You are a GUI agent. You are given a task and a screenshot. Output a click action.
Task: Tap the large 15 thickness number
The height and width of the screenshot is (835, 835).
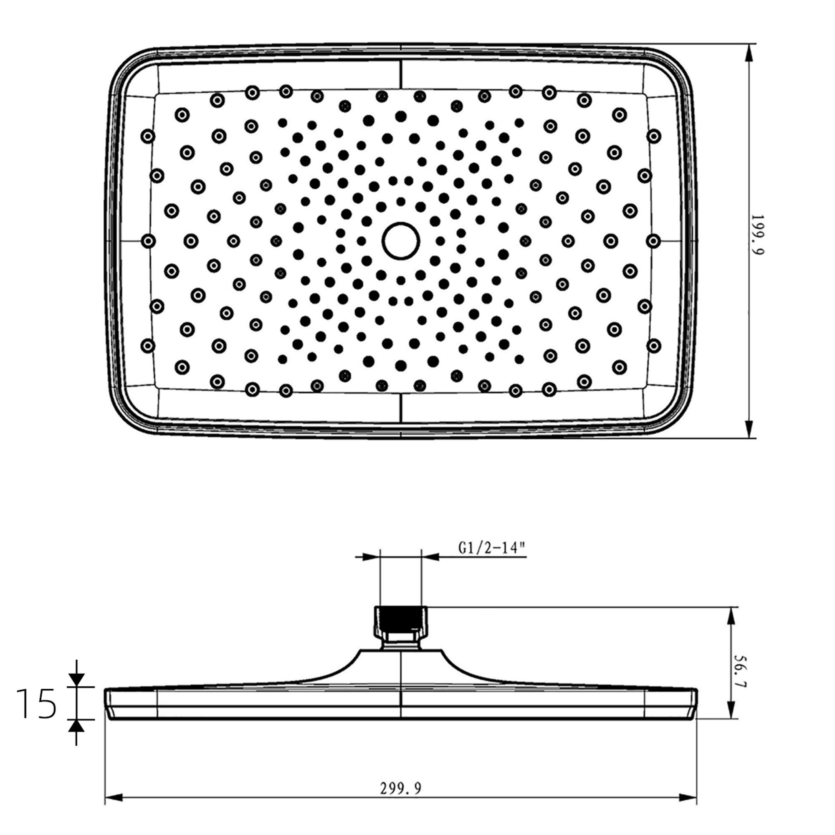(36, 704)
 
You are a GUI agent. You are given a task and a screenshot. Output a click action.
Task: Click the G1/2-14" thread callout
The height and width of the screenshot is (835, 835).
(492, 548)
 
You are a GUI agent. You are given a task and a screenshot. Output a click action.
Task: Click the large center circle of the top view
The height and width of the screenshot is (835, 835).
(401, 241)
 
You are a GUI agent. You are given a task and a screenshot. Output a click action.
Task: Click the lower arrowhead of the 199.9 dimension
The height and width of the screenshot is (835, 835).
(749, 428)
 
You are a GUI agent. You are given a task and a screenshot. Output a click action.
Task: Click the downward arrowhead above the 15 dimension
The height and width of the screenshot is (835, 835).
(76, 679)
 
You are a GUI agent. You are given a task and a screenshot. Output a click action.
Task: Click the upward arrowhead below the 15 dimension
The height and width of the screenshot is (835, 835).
(76, 727)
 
